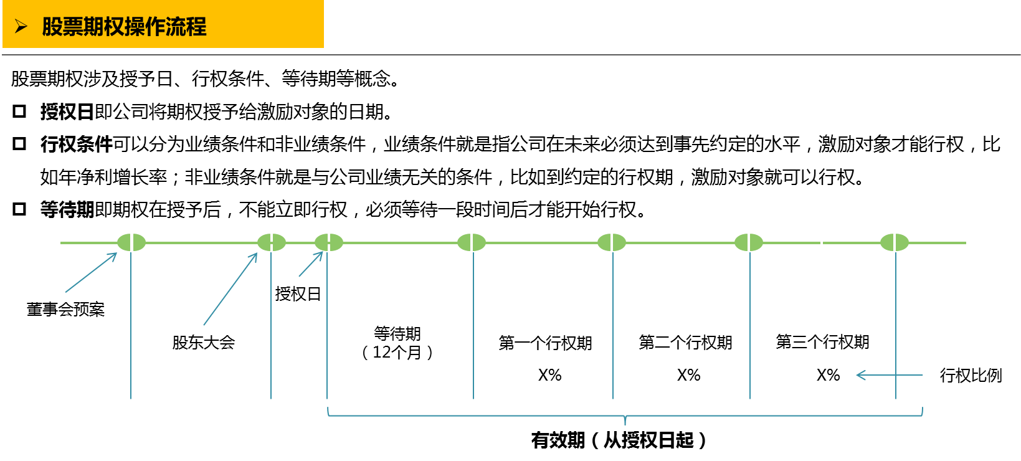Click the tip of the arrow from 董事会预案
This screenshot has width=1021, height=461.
tap(116, 253)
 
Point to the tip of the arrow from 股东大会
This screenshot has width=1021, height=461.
tap(257, 253)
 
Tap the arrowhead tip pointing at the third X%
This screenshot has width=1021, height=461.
tap(857, 375)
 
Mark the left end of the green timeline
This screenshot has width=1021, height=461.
tap(60, 243)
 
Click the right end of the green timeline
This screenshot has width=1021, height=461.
tap(966, 243)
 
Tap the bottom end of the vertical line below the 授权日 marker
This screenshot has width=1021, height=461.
tap(327, 399)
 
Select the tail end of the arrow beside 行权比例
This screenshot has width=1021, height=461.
tap(923, 375)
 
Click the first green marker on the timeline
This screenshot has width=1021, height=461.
tap(131, 242)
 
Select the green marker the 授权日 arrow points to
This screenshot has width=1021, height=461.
tap(329, 242)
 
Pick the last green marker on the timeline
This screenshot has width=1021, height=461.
tap(895, 242)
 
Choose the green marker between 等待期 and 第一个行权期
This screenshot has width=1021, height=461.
tap(472, 242)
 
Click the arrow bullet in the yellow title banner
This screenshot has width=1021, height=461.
tap(21, 26)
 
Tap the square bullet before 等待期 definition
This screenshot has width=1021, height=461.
tap(19, 209)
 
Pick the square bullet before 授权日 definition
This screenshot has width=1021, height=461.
tap(19, 112)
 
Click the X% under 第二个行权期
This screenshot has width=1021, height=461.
tap(688, 375)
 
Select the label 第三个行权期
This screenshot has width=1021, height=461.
tap(822, 342)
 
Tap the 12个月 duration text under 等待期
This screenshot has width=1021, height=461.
tap(397, 353)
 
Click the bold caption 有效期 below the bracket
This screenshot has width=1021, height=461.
tap(558, 440)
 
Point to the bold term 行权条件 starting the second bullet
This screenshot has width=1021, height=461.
tap(76, 145)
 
